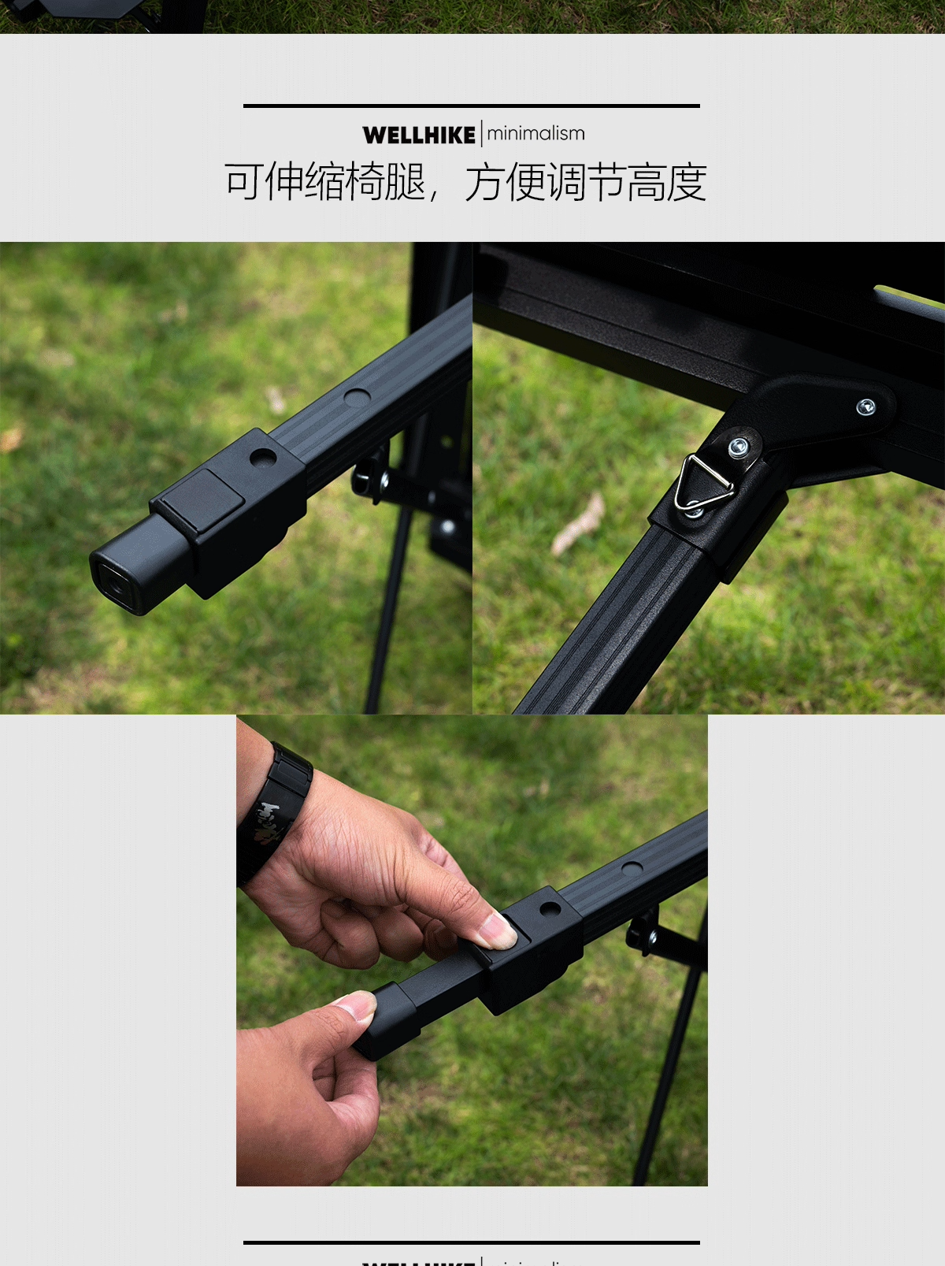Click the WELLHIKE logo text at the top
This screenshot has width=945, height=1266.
[x=418, y=135]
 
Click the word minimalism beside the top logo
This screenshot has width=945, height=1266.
[x=535, y=134]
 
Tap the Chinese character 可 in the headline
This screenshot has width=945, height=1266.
[x=244, y=182]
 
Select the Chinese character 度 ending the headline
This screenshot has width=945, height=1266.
[x=686, y=182]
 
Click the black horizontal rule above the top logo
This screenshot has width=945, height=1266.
[x=471, y=106]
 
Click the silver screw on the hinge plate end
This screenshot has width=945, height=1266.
[x=865, y=407]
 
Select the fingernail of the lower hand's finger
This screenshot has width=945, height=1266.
[x=355, y=1003]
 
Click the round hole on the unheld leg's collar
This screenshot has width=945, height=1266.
[x=262, y=457]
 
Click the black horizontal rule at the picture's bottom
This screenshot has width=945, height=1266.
[x=471, y=1242]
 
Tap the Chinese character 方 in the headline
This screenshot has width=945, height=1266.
[x=484, y=182]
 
